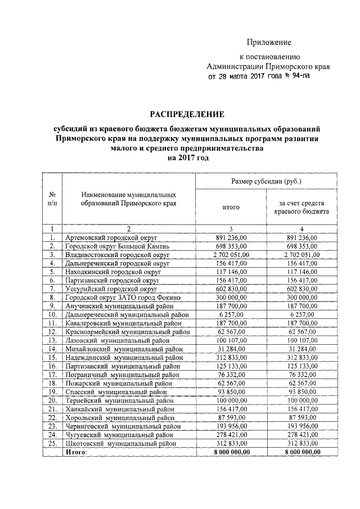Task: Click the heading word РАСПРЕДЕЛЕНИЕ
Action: pos(182,114)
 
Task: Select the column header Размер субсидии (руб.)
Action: pos(266,182)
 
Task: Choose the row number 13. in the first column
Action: pos(52,340)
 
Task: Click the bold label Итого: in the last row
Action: pos(76,451)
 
